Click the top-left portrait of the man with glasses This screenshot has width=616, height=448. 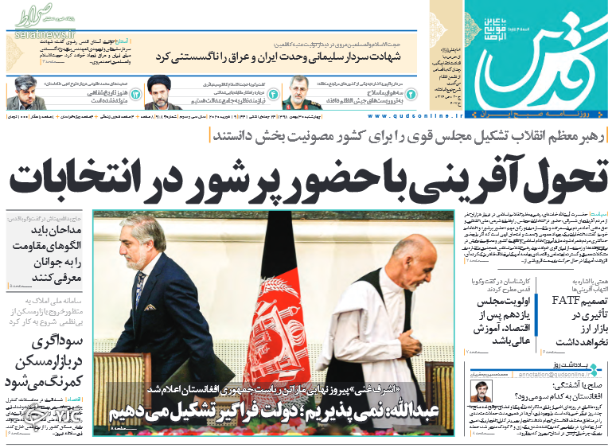[x=25, y=93]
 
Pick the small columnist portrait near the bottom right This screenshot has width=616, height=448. [x=480, y=392]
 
